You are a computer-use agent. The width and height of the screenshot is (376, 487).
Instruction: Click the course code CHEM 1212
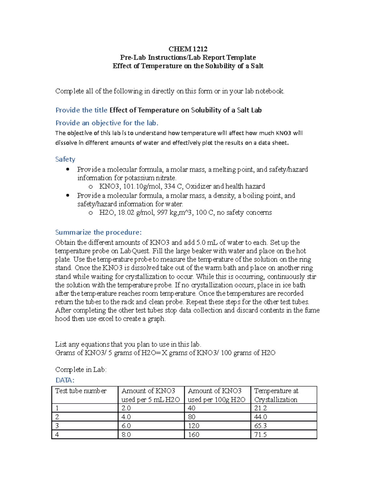pos(188,49)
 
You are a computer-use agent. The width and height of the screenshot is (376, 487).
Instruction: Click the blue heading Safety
pos(65,159)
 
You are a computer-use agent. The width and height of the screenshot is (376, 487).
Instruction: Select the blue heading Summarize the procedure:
pos(98,232)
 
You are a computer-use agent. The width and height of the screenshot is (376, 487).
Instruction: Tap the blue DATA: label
pos(65,380)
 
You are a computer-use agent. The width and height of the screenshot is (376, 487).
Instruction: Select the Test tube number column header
pos(81,391)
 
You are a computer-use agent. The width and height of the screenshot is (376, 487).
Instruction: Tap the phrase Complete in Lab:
pos(81,370)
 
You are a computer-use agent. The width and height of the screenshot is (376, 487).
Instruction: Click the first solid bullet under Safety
pos(68,169)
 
